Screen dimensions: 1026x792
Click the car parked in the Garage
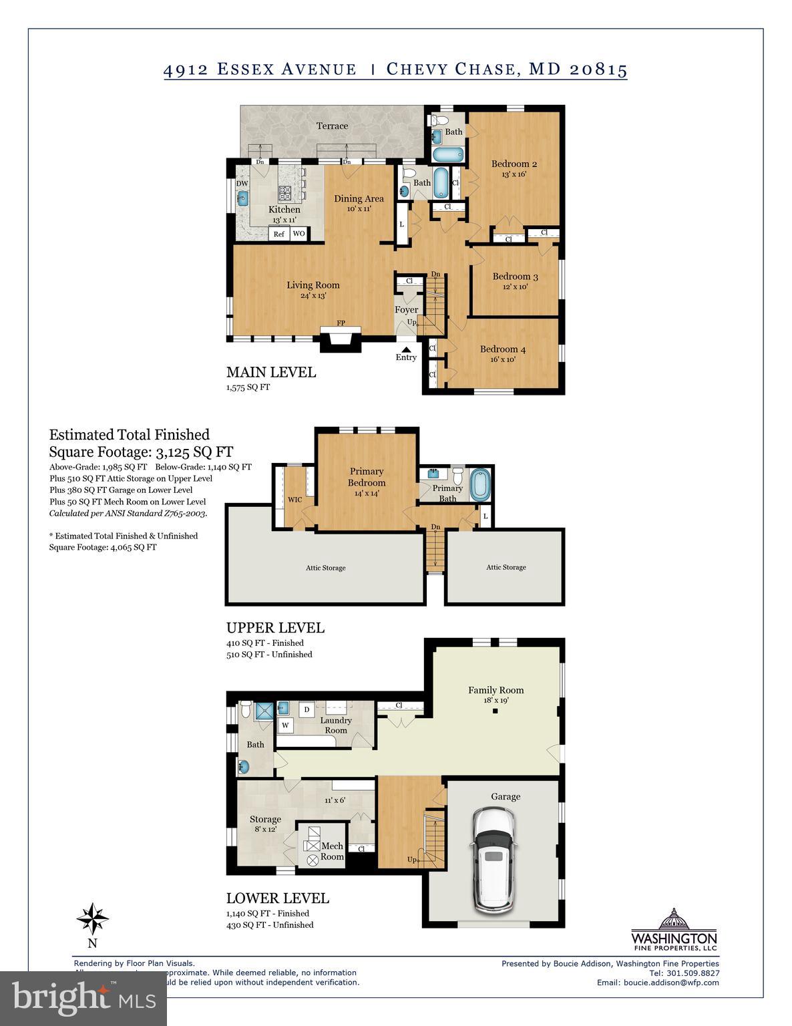[x=493, y=859]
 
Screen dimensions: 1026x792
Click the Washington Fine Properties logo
[x=674, y=930]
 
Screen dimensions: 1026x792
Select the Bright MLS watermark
[x=83, y=999]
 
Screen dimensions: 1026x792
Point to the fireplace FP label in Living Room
[x=341, y=323]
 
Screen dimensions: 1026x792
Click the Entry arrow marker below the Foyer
[x=405, y=348]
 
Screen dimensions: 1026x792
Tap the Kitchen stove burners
[x=285, y=193]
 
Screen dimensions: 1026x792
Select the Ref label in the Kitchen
[x=279, y=234]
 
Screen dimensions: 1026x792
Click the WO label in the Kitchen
[x=299, y=234]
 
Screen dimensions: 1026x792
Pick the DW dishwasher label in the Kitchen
[x=242, y=184]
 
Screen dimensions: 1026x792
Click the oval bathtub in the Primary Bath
[x=480, y=485]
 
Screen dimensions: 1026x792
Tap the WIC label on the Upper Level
[x=295, y=499]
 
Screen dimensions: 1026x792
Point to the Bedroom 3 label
[x=515, y=277]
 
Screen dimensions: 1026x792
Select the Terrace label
[x=332, y=126]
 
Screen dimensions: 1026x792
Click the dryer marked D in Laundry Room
[x=307, y=709]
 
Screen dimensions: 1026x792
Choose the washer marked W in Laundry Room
[x=285, y=725]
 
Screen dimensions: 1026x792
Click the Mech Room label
[x=332, y=851]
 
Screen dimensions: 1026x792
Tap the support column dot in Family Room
[x=496, y=711]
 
